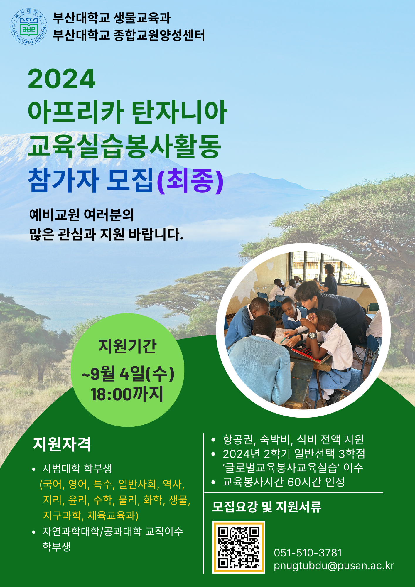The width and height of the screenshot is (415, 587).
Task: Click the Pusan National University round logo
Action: click(29, 27)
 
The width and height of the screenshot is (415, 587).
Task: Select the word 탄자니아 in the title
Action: click(179, 112)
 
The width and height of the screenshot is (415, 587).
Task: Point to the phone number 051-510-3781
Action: click(308, 553)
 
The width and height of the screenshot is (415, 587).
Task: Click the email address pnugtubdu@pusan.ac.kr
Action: click(334, 566)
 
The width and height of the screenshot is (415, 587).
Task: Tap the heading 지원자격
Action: click(62, 444)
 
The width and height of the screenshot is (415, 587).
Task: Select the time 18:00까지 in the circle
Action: click(127, 394)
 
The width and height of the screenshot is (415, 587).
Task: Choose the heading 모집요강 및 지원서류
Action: click(267, 507)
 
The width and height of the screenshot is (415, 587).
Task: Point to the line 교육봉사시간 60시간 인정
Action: click(284, 482)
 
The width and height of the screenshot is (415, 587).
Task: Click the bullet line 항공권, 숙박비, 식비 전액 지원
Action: click(293, 439)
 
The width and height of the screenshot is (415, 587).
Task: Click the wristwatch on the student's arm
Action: click(313, 335)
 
